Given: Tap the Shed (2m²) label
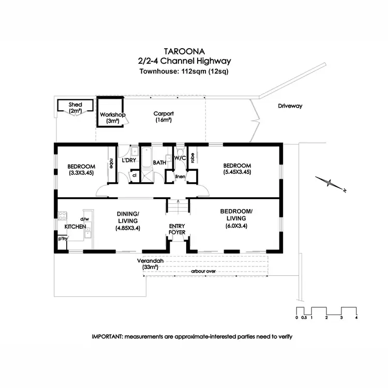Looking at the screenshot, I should point(76,108).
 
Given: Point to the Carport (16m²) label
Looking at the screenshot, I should point(163,117).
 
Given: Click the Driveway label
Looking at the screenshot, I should point(290,106).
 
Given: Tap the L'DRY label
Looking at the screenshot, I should point(129,160).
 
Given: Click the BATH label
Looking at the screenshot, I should point(159,162).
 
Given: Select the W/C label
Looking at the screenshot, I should point(179,157).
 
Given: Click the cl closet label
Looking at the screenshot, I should point(134,175).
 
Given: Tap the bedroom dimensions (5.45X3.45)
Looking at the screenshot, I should point(237,172).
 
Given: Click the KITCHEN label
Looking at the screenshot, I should point(74,227).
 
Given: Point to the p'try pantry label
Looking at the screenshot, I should point(63,239).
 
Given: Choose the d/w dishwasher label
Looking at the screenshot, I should point(84,219).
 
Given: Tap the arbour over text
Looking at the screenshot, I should point(203,271).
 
